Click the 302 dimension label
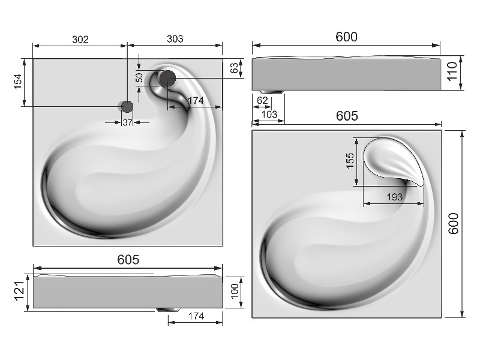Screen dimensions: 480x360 click(x=80, y=39)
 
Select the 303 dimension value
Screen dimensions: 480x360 click(x=175, y=39)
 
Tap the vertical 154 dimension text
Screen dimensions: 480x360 click(x=18, y=82)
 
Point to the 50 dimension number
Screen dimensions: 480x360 click(x=139, y=77)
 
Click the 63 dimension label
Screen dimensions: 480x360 click(x=234, y=68)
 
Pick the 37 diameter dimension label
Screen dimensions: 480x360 click(x=127, y=122)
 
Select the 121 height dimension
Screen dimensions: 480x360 click(x=19, y=291)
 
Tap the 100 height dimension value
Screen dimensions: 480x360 click(x=235, y=291)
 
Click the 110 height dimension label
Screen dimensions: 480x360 click(x=452, y=71)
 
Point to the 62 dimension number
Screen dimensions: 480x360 click(x=262, y=100)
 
